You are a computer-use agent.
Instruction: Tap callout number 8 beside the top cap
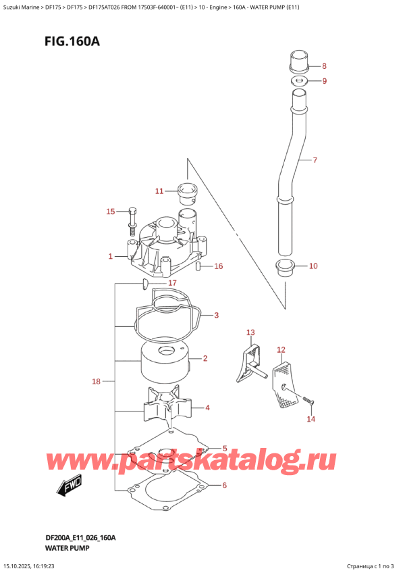[x=323, y=66]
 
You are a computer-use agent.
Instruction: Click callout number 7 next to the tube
[x=314, y=161]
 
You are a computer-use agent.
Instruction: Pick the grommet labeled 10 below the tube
[x=286, y=268]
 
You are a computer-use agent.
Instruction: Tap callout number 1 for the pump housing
[x=110, y=256]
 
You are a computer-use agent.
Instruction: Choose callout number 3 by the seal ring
[x=216, y=315]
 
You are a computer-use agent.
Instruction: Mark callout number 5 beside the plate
[x=224, y=448]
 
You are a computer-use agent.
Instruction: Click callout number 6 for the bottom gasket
[x=224, y=485]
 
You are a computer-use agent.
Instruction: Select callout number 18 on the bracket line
[x=96, y=382]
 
